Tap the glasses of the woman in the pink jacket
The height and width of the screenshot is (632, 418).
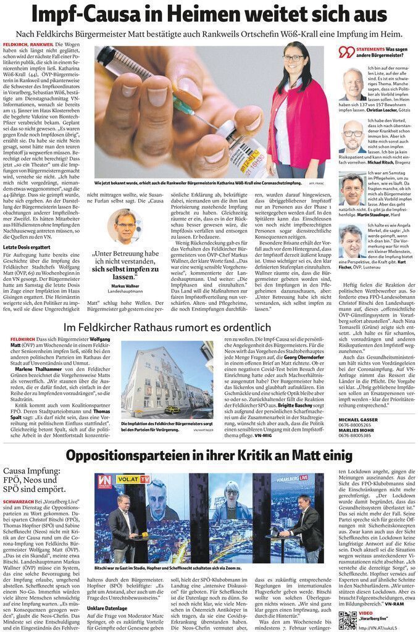(x=293, y=58)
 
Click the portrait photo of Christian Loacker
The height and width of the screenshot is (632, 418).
(x=352, y=84)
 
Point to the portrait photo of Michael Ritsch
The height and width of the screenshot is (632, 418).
(x=352, y=136)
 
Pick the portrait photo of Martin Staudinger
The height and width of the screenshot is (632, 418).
(x=352, y=188)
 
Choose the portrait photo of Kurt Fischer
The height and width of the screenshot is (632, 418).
(x=352, y=241)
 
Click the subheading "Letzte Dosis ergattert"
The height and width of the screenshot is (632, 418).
(x=27, y=247)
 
